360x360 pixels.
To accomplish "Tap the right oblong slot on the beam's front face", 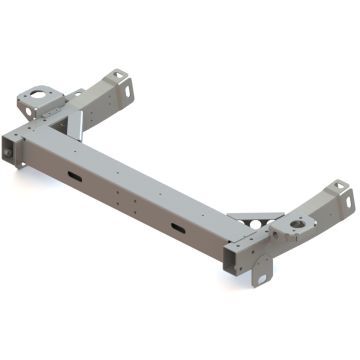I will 177,230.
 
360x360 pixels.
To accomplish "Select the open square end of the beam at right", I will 234,258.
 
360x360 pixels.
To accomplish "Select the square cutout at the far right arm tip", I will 339,187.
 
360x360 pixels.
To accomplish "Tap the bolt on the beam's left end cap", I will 9,149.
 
